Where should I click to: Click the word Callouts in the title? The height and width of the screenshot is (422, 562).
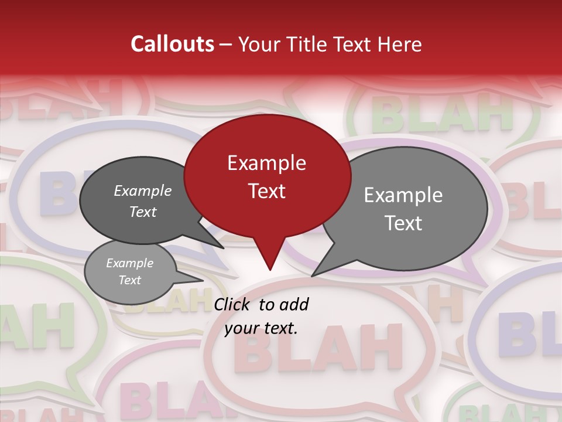click(172, 44)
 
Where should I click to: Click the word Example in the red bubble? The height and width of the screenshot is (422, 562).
click(266, 163)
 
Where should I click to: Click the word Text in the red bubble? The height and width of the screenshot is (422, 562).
click(266, 191)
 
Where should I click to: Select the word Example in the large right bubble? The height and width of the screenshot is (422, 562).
click(403, 195)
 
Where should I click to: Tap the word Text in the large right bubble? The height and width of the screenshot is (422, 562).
click(404, 223)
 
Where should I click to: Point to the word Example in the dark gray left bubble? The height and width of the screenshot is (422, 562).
click(143, 190)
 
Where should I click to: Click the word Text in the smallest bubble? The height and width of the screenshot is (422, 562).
click(130, 280)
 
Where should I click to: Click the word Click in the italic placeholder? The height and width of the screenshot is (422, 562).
click(233, 304)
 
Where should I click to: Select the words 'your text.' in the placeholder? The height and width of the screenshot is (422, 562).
click(261, 328)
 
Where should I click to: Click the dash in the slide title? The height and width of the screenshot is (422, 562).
click(226, 44)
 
